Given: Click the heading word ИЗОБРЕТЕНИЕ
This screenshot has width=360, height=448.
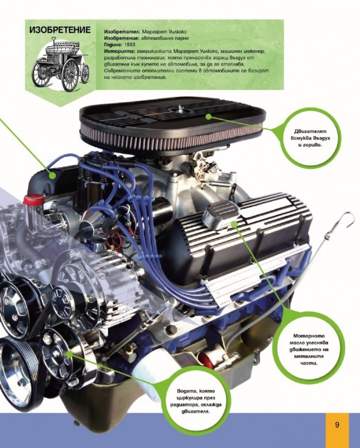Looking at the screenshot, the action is [60, 30].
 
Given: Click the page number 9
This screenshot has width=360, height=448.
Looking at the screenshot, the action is [337, 424].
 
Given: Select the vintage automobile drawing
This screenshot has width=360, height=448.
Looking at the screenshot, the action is [61, 64].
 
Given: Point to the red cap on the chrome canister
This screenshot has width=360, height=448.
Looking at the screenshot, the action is [33, 199].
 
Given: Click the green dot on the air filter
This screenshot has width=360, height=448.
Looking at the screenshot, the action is [209, 116].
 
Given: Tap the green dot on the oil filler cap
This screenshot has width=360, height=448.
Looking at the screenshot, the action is [234, 224].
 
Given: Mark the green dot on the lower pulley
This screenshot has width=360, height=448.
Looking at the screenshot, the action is [69, 354].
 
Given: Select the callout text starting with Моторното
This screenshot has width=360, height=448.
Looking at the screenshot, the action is [309, 349].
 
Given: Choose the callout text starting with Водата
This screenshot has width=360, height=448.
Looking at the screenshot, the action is [196, 401].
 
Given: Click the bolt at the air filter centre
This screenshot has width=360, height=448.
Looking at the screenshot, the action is [180, 108].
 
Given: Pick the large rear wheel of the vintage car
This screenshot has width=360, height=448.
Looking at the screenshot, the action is [70, 75].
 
